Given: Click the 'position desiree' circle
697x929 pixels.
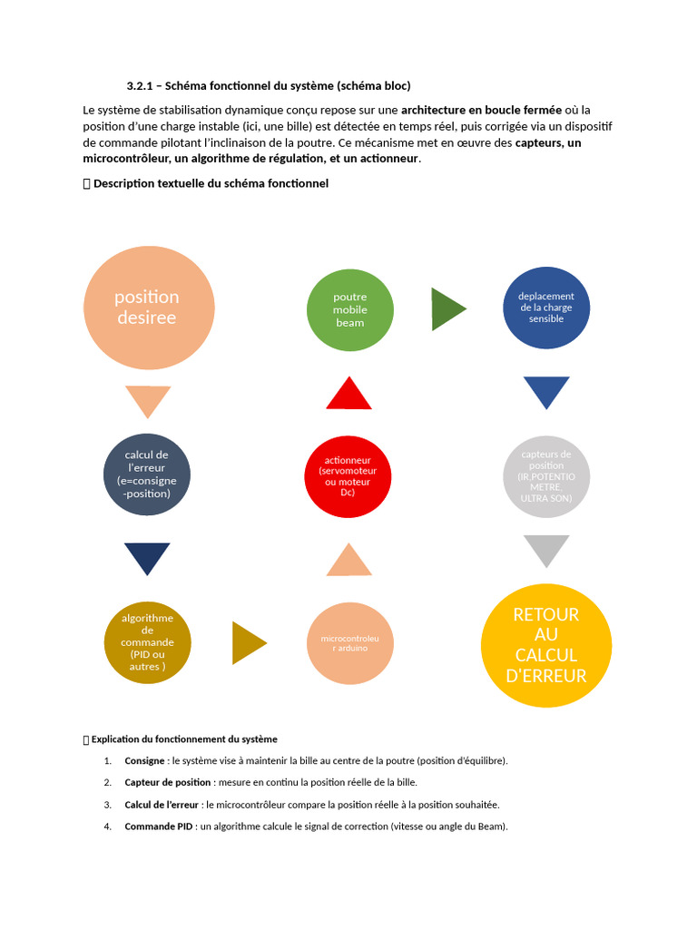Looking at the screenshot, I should tap(149, 308).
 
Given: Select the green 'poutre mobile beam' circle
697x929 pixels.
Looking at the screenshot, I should tap(350, 309).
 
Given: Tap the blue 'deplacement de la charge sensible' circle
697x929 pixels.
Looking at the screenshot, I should tap(545, 308).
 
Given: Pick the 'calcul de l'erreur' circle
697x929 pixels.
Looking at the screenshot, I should tap(148, 474).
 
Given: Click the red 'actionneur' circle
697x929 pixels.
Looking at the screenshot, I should tap(348, 476).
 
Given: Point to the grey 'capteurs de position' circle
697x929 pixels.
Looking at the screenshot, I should tap(546, 476).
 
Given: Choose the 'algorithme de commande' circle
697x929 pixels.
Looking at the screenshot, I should tap(148, 642).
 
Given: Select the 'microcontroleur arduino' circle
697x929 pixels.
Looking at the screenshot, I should tap(350, 643).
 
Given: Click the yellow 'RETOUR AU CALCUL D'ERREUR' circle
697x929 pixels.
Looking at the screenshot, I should tap(546, 645).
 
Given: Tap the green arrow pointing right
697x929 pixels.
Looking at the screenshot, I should tap(447, 308).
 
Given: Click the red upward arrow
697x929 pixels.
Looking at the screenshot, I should tap(348, 395).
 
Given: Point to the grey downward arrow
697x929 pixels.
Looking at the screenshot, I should tap(546, 549).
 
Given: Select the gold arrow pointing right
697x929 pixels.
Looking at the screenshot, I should tap(248, 642).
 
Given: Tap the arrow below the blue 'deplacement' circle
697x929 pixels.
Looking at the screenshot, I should tap(546, 391).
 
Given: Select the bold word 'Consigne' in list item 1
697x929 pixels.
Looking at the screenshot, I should tap(145, 760).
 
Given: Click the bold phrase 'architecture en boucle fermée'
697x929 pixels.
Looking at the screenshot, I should tap(481, 111).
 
